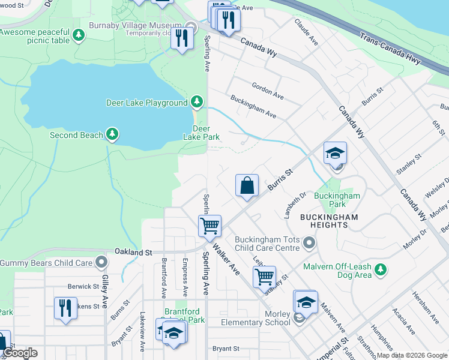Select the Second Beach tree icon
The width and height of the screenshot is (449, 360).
(112, 134)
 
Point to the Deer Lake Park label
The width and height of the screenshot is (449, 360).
(201, 133)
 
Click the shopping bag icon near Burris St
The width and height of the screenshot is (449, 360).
(247, 186)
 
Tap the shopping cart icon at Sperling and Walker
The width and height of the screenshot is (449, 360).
(209, 226)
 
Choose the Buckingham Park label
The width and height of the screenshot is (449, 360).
(337, 200)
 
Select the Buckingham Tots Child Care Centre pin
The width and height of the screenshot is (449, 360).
(309, 243)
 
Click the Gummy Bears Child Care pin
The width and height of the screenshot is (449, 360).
(102, 262)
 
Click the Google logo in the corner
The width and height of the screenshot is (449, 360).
(20, 353)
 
